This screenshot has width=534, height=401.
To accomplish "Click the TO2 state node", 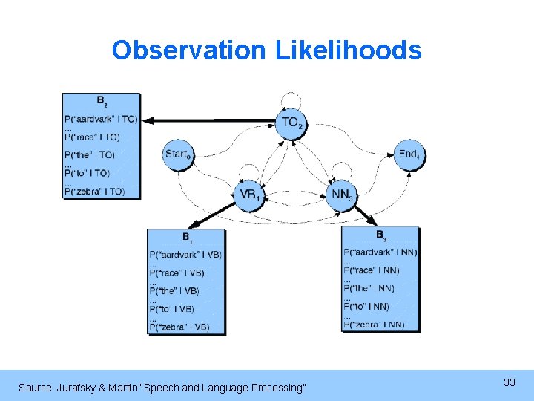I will coord(291,123).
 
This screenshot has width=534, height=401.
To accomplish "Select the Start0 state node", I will coord(178,154).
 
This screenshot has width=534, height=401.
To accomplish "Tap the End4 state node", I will coord(409,154).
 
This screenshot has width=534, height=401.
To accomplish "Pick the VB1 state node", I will coord(250,195).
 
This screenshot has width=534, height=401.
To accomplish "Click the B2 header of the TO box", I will coord(101,100).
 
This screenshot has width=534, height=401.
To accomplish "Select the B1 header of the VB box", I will coord(186,237).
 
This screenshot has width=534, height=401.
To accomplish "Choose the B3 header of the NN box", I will coord(380,235).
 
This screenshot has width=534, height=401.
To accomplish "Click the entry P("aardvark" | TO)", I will coord(101,119).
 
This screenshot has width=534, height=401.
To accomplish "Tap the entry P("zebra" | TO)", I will coord(95,192).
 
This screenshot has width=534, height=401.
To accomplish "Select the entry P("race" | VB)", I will coord(177,273).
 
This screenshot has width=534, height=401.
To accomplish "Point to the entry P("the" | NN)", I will coord(371,288).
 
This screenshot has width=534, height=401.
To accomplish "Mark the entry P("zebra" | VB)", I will coord(179,327).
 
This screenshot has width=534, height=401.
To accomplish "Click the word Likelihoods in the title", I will coord(348,50).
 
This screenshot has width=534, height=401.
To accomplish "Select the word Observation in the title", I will coord(188,50).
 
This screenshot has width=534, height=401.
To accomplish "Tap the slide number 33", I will coord(509,382).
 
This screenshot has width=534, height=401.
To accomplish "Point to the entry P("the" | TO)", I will coord(90,155).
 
